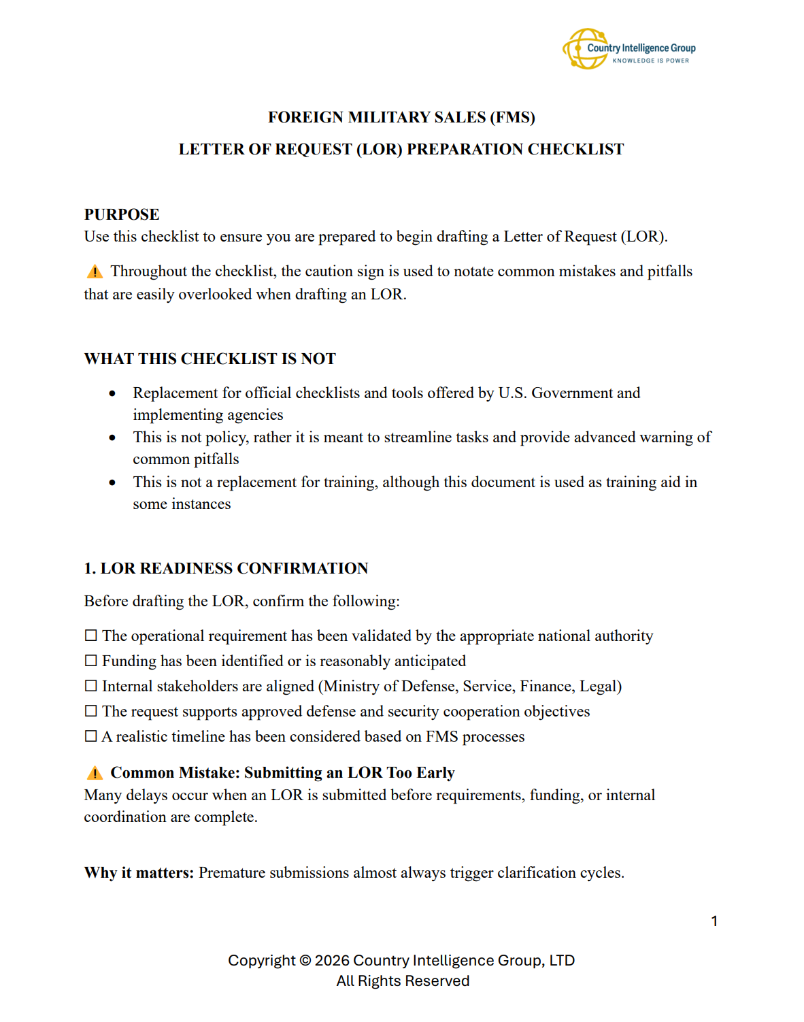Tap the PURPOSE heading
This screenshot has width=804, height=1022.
point(122,214)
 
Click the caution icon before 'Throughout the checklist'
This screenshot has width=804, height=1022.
point(95,272)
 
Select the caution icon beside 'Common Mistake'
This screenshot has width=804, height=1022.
point(95,773)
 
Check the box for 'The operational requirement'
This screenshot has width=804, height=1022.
point(90,636)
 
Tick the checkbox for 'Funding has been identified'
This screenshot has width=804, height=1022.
point(90,661)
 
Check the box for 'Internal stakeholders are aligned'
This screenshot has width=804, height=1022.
point(90,686)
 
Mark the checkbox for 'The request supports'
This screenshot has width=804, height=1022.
point(90,711)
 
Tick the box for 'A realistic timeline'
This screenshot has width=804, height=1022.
point(90,736)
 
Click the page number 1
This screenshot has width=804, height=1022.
point(714,921)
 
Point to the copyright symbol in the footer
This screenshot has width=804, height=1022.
point(305,961)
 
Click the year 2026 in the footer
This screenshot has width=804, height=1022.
point(331,961)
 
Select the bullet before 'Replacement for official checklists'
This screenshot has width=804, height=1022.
point(112,393)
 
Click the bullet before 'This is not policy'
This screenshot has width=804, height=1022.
point(112,438)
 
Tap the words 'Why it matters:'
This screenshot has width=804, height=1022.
point(139,873)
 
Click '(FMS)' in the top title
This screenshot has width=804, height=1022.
point(512,117)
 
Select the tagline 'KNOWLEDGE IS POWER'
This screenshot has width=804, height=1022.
point(650,61)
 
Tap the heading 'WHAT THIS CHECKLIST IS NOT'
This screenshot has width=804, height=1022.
point(210,359)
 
